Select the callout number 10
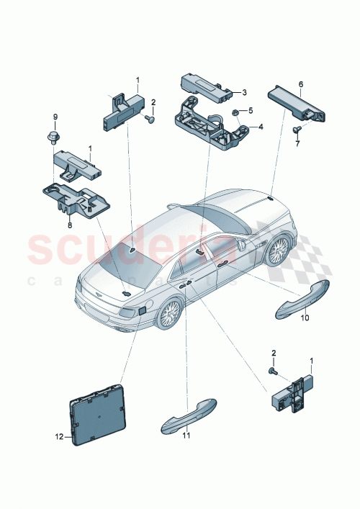coord(305,317)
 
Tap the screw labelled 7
coord(296,130)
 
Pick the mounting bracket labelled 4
coord(209,122)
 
